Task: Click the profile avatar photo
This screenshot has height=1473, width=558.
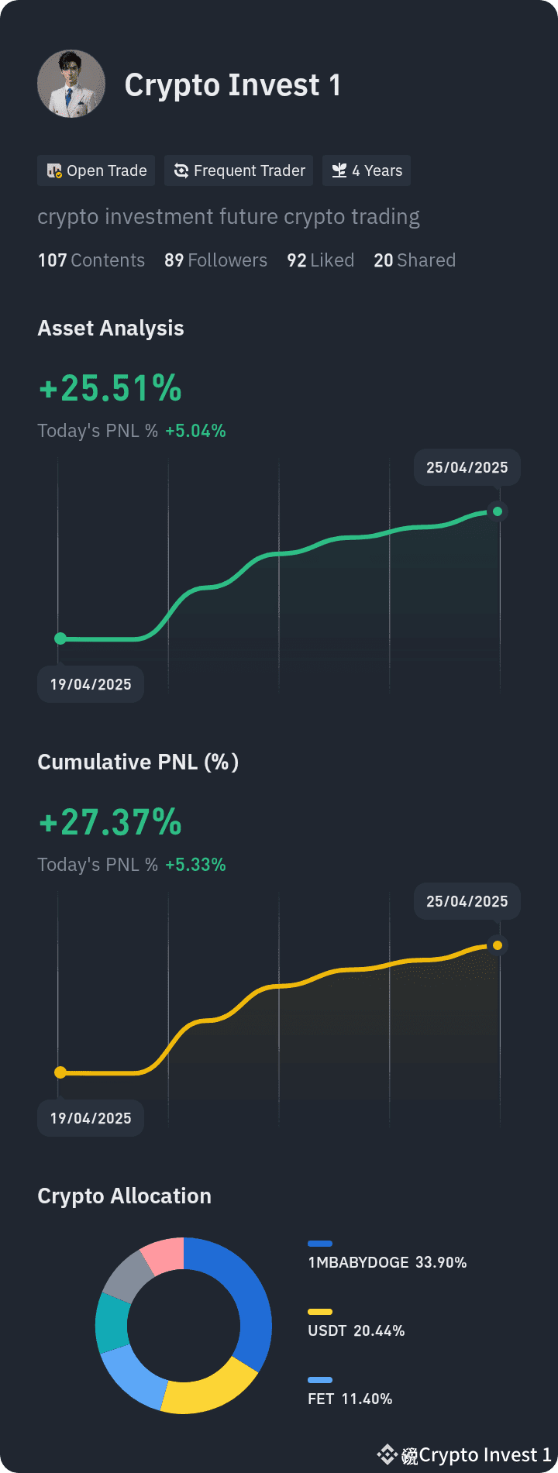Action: click(71, 84)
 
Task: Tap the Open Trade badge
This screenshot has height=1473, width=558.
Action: click(96, 170)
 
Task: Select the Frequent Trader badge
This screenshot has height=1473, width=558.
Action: click(239, 170)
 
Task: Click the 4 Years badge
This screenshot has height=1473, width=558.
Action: click(367, 170)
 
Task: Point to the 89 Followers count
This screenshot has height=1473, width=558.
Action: click(215, 260)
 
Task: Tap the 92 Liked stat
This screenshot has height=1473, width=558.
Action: click(320, 260)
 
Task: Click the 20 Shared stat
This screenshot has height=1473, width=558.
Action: click(415, 260)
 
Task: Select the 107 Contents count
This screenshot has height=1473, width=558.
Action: click(91, 260)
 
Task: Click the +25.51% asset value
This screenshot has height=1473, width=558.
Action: click(110, 388)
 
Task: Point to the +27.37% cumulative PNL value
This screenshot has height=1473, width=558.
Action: click(110, 822)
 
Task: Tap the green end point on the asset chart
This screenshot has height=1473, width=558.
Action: click(498, 511)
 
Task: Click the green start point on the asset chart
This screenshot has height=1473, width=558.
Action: click(60, 638)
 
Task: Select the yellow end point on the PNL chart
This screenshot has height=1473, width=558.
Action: click(498, 945)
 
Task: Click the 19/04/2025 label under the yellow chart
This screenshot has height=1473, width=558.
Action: click(91, 1118)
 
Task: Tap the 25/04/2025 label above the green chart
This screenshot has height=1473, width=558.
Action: click(467, 467)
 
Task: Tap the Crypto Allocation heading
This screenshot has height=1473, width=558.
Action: click(124, 1196)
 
